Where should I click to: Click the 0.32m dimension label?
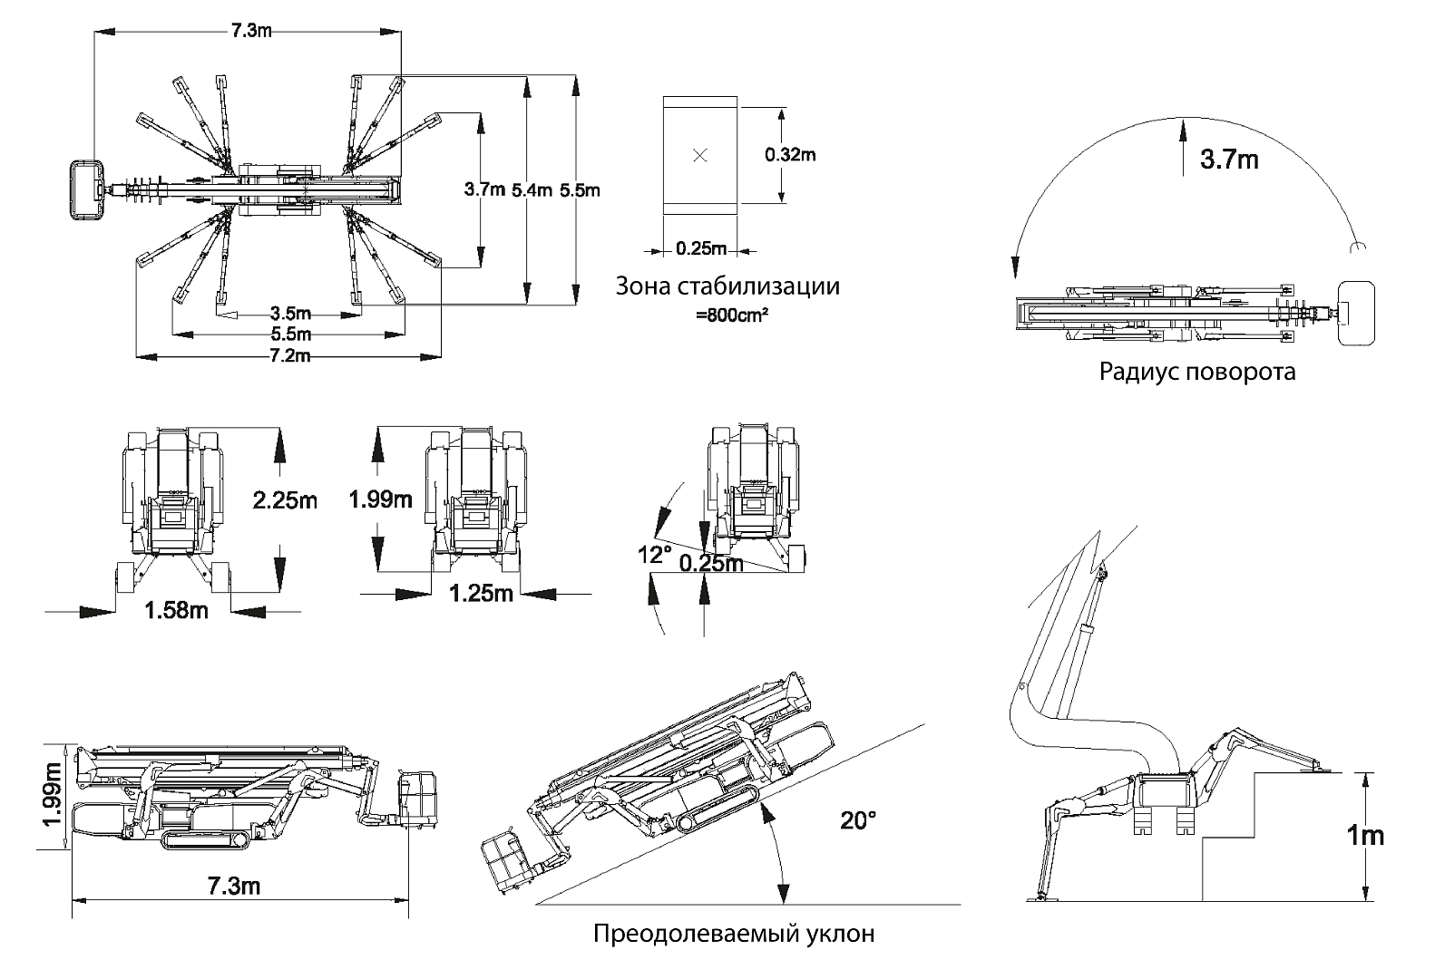click(x=789, y=155)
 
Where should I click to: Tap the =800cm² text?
click(x=726, y=315)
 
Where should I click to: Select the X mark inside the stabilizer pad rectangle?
click(x=699, y=155)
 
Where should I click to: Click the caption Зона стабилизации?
click(x=727, y=286)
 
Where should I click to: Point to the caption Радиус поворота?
click(x=1197, y=372)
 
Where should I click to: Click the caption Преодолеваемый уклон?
click(x=734, y=934)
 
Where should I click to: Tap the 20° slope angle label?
click(x=858, y=821)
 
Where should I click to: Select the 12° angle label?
click(x=654, y=555)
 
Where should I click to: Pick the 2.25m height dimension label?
click(x=285, y=499)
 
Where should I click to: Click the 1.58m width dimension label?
click(x=176, y=610)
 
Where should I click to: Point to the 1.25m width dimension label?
click(x=482, y=594)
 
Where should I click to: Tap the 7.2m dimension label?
click(x=290, y=355)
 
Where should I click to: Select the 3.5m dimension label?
click(x=290, y=314)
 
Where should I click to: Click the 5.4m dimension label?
click(x=531, y=190)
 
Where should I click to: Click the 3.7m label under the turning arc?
click(x=1228, y=160)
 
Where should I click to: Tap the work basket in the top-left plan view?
click(x=87, y=190)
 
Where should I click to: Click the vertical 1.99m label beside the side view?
click(x=54, y=795)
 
